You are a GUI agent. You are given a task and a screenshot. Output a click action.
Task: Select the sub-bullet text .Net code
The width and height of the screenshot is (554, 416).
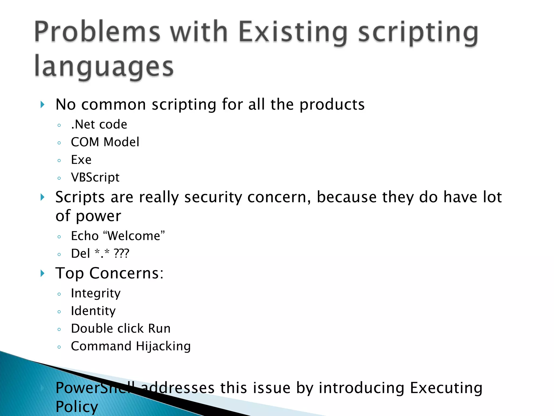point(99,125)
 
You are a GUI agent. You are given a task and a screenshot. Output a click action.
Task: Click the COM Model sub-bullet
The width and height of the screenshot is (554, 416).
point(105,142)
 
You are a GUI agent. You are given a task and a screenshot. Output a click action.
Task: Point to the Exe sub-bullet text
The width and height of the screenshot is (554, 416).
point(81,160)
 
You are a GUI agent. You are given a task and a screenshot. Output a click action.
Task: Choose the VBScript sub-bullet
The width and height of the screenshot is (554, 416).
point(95,178)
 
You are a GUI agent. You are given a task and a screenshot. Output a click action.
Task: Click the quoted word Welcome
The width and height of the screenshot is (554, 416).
point(134,236)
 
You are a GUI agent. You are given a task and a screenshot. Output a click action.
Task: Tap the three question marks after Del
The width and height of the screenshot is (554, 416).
point(121,253)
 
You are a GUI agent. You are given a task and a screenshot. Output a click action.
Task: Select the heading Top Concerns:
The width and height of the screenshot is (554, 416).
point(110,273)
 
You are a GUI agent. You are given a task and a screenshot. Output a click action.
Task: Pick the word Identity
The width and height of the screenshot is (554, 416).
point(93,311)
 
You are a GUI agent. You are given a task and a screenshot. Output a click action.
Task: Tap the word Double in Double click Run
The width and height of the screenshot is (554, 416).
point(92,329)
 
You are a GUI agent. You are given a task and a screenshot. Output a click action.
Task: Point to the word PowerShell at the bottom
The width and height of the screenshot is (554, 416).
point(95,388)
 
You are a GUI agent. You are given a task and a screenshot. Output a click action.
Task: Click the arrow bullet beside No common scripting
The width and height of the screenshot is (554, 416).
point(42,105)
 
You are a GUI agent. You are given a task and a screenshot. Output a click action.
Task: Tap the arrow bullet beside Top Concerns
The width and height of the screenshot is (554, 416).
point(42,273)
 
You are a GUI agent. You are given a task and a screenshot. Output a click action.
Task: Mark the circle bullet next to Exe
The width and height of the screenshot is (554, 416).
point(59,160)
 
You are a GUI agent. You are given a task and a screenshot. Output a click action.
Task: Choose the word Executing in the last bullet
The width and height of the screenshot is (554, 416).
point(446,388)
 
